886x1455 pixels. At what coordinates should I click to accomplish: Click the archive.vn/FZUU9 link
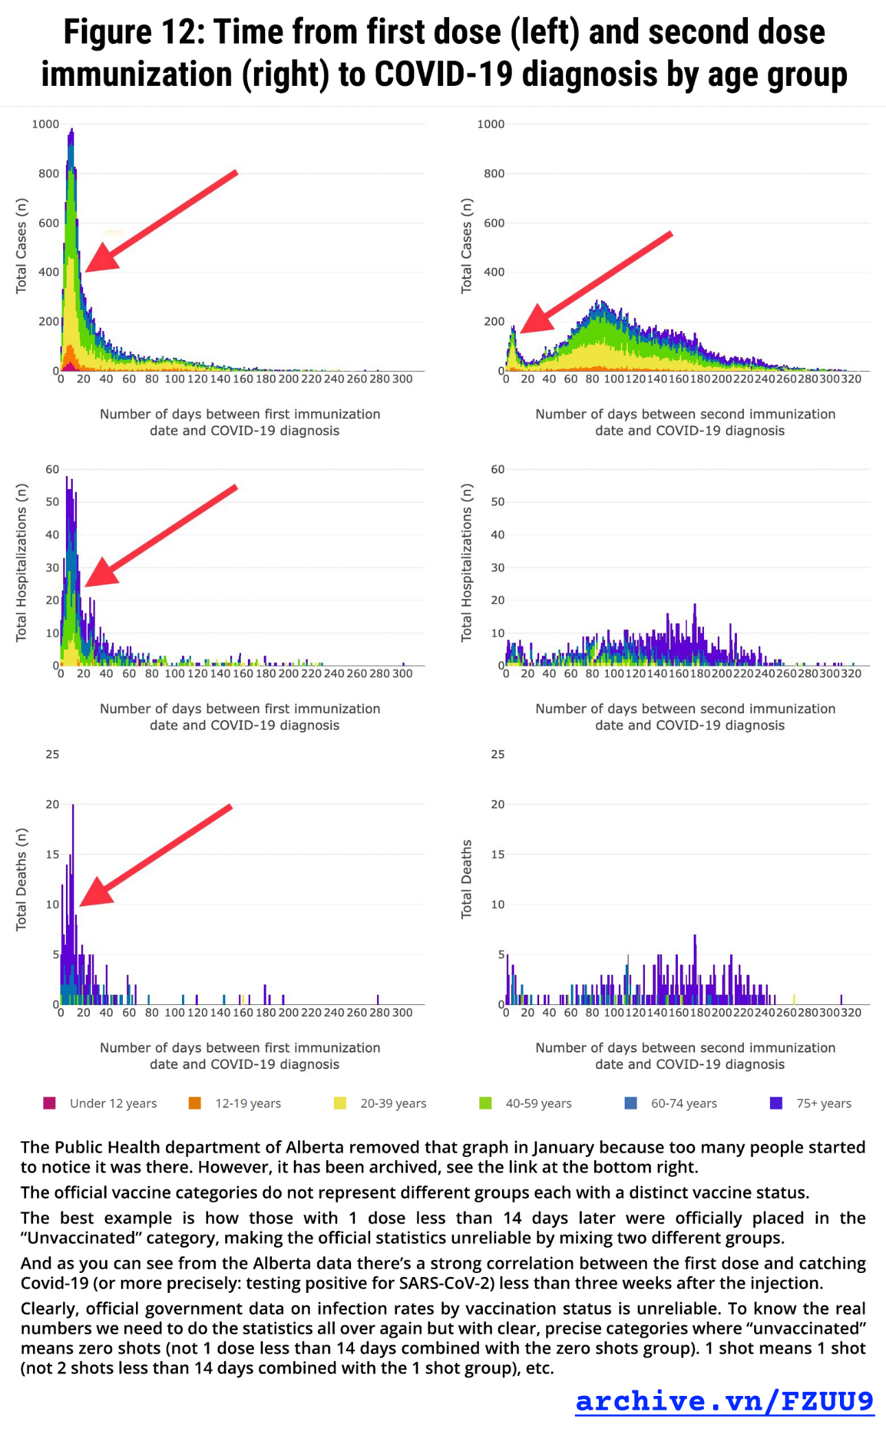tap(724, 1401)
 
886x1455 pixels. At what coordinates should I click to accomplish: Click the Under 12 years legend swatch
tap(49, 1103)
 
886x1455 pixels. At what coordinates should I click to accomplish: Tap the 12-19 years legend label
tap(248, 1103)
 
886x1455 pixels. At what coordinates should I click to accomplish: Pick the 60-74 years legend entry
tap(683, 1103)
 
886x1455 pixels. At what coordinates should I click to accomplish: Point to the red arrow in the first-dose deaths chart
tap(155, 855)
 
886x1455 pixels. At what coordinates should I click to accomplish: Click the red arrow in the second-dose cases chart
tap(595, 282)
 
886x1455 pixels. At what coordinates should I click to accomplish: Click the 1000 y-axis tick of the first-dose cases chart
tap(46, 124)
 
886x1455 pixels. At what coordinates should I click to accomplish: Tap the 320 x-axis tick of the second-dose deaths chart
tap(851, 1013)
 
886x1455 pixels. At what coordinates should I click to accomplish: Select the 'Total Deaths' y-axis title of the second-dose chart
tap(467, 879)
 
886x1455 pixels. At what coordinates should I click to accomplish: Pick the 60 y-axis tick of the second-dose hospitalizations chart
tap(497, 470)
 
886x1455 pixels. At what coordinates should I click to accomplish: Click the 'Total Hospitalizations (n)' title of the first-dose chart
tap(21, 563)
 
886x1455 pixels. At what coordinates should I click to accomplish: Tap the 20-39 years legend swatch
tap(340, 1103)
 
